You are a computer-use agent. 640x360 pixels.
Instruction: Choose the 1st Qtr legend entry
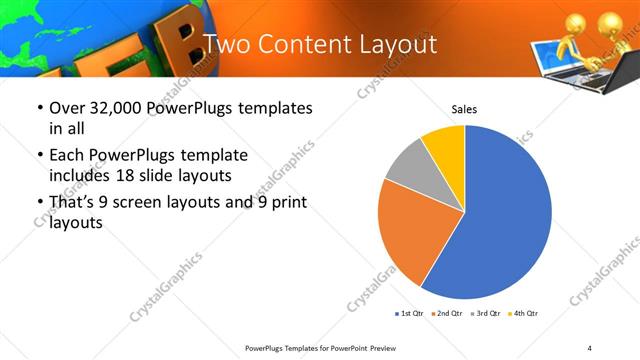pyautogui.click(x=409, y=314)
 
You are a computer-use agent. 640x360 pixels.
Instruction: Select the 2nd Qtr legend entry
pyautogui.click(x=447, y=314)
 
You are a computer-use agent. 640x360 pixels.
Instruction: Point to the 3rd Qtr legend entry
pyautogui.click(x=485, y=314)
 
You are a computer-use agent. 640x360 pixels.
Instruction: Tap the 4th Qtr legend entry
pyautogui.click(x=523, y=314)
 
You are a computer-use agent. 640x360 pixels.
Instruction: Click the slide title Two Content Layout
pyautogui.click(x=320, y=44)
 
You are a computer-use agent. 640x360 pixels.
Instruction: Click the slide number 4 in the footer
pyautogui.click(x=589, y=347)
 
